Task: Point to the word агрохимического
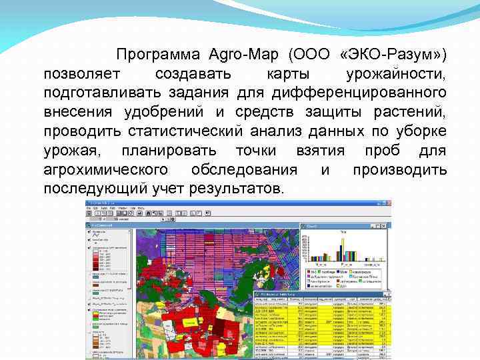(x=107, y=170)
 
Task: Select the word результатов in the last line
(x=237, y=189)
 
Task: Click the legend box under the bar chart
(x=345, y=279)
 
